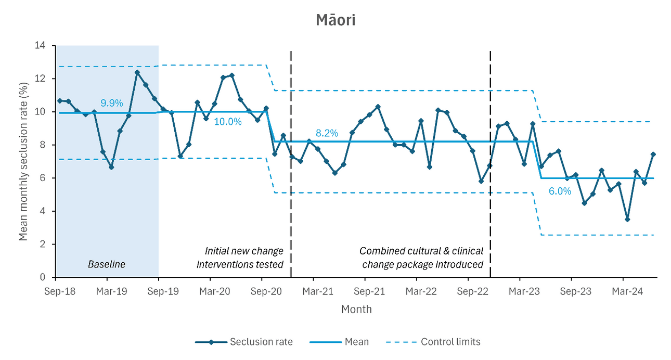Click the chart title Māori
click(335, 20)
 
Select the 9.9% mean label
click(112, 103)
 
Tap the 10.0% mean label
click(228, 122)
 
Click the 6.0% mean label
click(560, 191)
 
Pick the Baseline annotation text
click(107, 264)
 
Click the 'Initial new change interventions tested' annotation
click(240, 258)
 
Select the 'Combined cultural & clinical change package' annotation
click(421, 258)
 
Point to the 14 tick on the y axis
click(40, 46)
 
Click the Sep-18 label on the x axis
click(60, 291)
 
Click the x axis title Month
click(356, 310)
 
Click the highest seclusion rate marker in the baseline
click(137, 72)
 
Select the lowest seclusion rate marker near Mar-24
click(627, 220)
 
